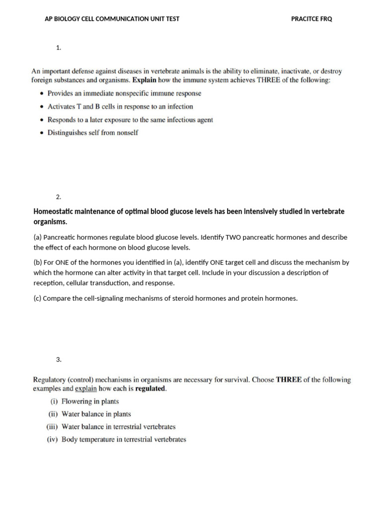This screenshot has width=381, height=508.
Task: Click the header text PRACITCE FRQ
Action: pos(312,19)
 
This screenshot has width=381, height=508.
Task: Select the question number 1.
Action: pos(59,48)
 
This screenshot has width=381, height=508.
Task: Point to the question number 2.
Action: pos(59,197)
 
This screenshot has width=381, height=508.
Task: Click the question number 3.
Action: pos(59,359)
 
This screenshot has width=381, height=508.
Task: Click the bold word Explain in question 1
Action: pos(144,80)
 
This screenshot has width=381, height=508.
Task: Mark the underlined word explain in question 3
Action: pos(86,389)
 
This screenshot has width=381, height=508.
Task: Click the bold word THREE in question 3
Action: pos(289,380)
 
